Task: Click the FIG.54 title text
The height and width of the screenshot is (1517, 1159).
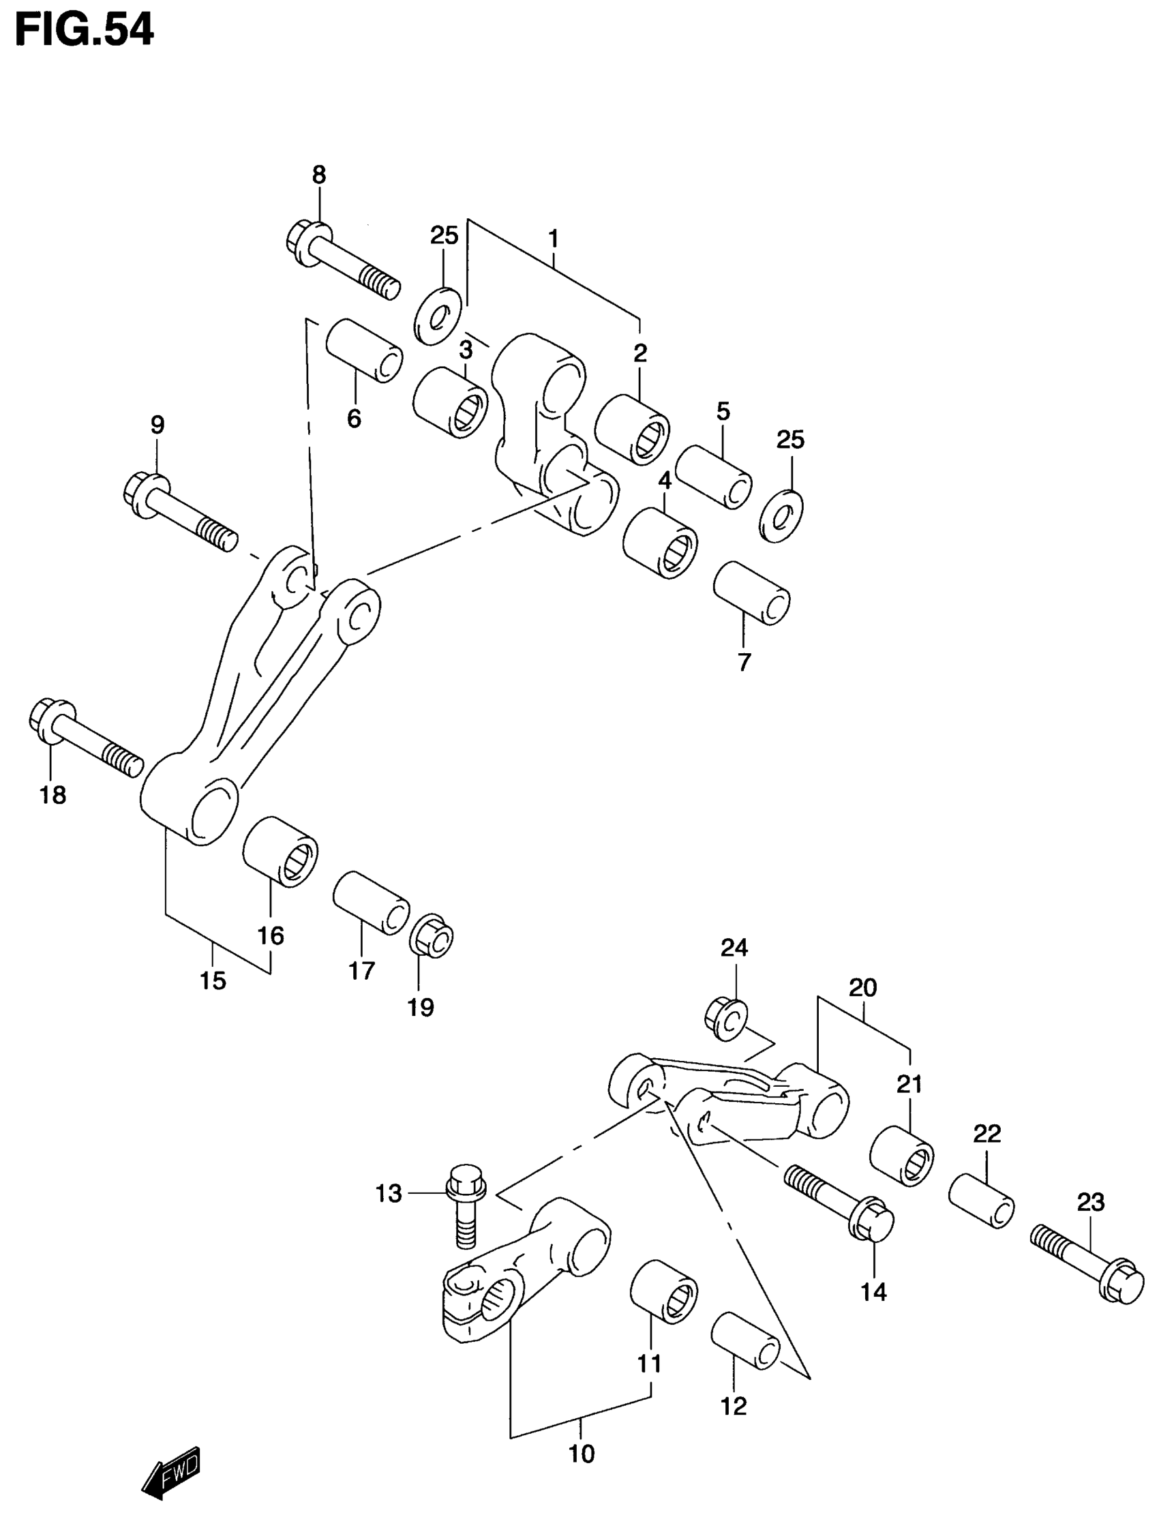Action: (x=84, y=31)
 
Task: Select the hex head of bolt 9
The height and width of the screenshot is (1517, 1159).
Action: (x=142, y=493)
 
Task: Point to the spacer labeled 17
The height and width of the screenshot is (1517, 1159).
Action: (x=370, y=903)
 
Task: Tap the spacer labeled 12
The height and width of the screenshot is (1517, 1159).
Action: (x=746, y=1341)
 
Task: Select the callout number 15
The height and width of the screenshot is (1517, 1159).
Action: (x=213, y=980)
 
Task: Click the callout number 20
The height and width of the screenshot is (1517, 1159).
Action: (x=862, y=988)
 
